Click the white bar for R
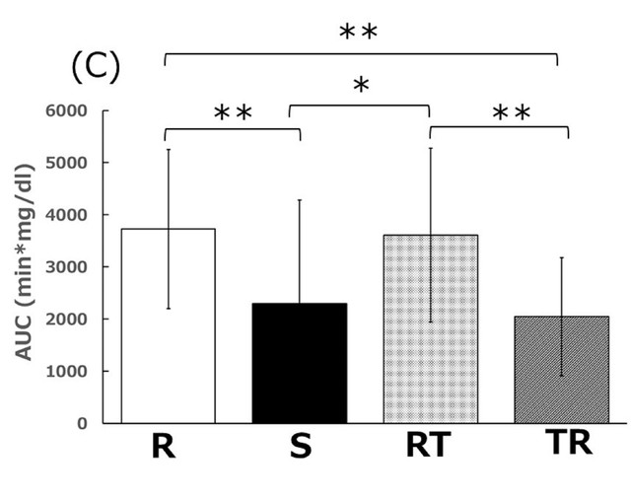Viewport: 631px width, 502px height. (x=168, y=325)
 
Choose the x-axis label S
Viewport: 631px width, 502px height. (x=301, y=448)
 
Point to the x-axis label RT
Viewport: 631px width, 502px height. (x=427, y=446)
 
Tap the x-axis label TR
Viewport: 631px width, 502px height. (x=568, y=443)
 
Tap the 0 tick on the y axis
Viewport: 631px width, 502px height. (x=96, y=424)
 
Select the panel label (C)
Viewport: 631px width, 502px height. (x=95, y=67)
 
